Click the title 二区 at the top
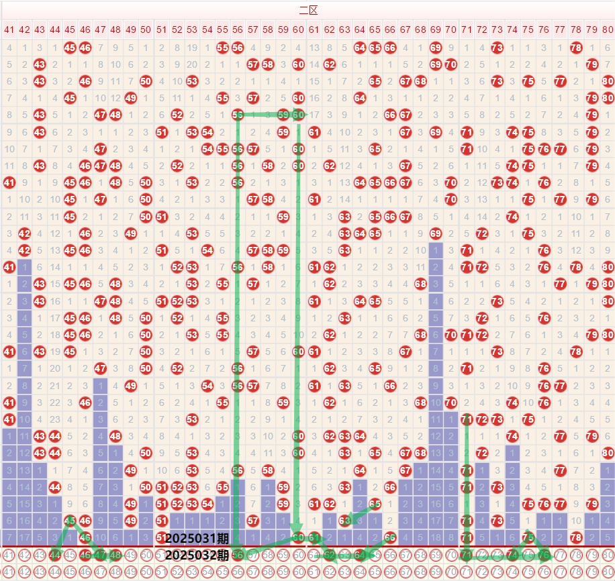(308, 10)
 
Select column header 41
(9, 30)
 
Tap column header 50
(146, 30)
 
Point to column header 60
(299, 30)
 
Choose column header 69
(436, 30)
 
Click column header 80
(606, 30)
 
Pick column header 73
(497, 30)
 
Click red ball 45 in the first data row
(70, 48)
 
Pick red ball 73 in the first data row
(497, 48)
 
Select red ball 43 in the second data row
(40, 64)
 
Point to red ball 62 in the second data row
(329, 64)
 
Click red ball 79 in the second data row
(592, 64)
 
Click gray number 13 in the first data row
(314, 48)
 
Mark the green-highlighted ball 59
(283, 115)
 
